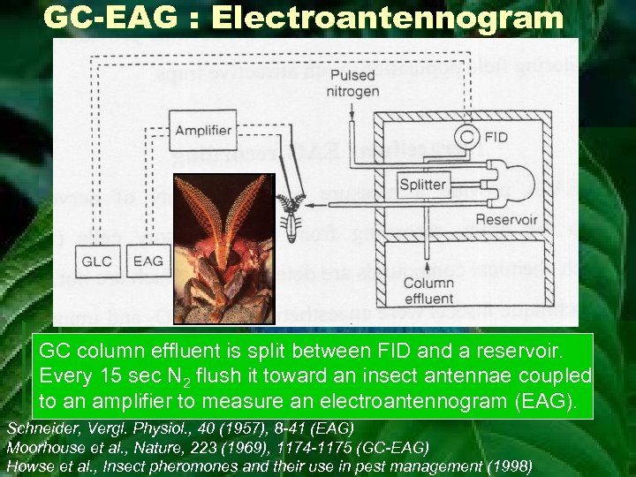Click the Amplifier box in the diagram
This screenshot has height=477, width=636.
(204, 131)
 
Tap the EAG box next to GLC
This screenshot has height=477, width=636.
(148, 261)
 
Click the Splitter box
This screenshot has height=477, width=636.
(423, 185)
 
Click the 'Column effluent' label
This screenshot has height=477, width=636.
(429, 291)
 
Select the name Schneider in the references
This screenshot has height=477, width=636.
(41, 428)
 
